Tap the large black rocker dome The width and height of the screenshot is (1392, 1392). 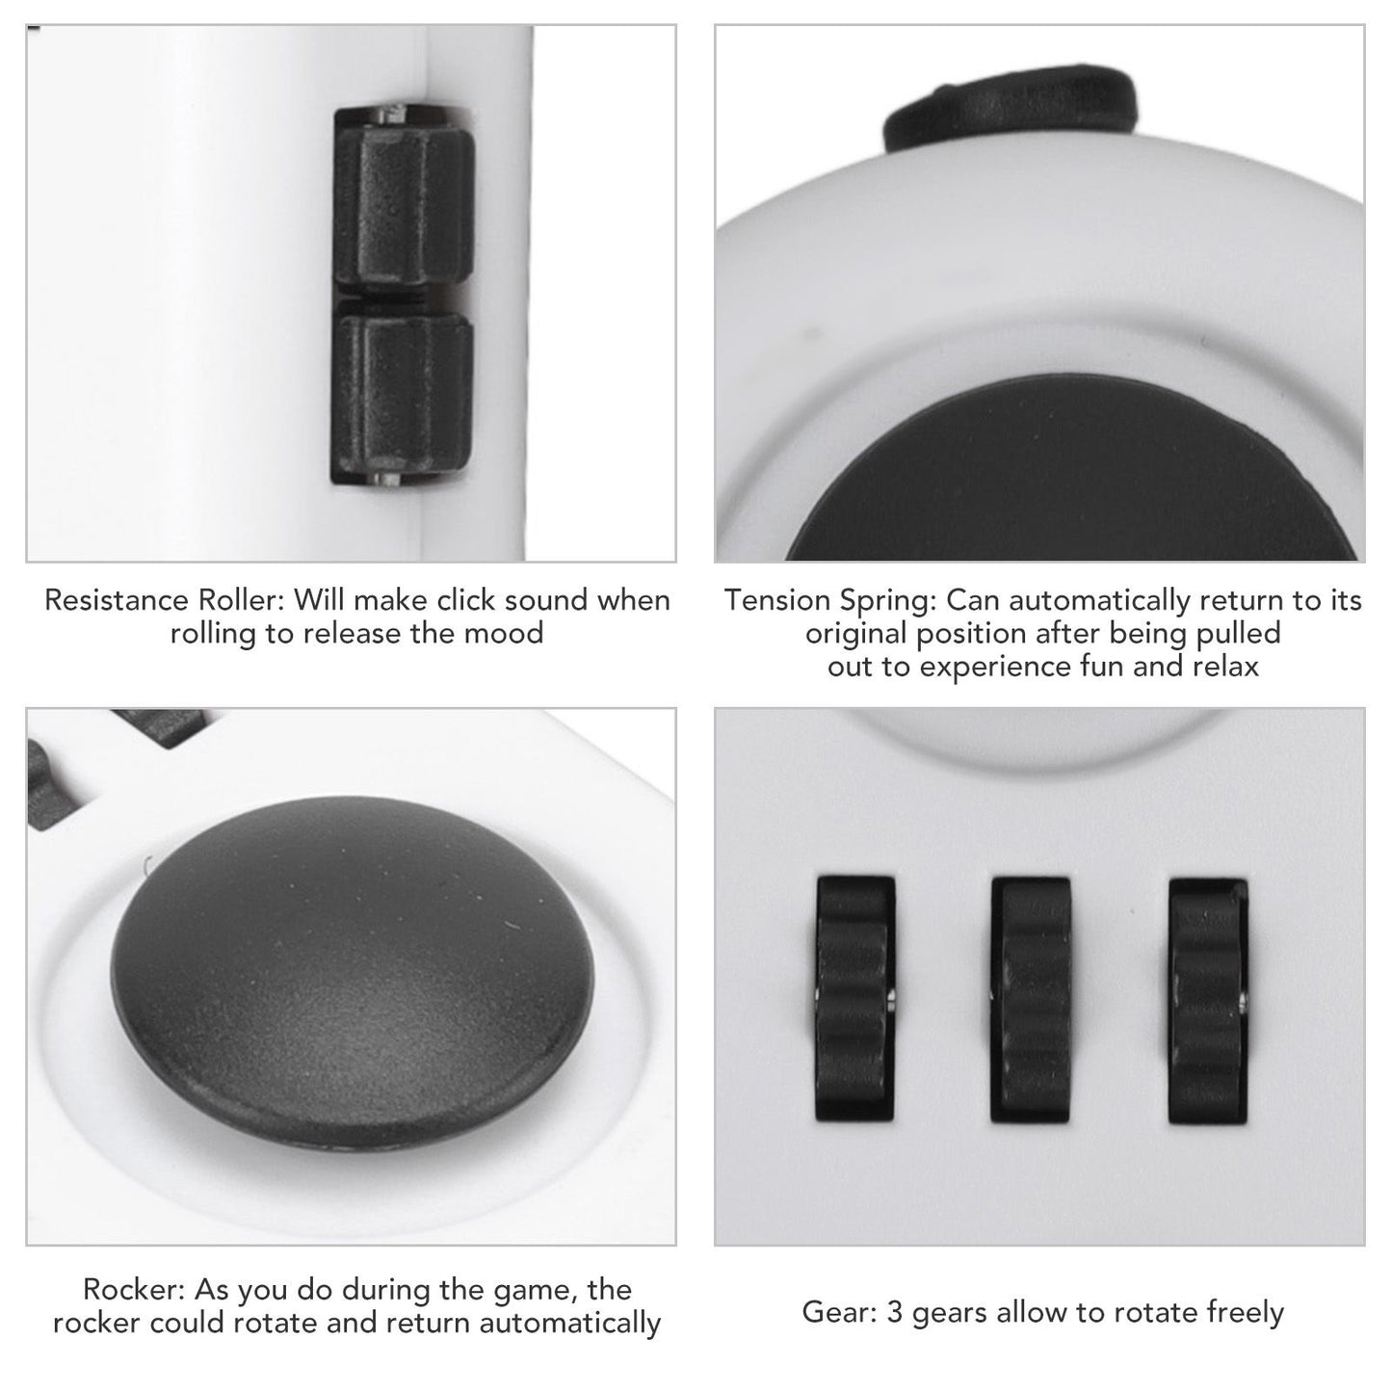353,951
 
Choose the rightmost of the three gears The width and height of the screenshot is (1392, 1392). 1208,1001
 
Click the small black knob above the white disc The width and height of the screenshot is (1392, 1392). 1011,108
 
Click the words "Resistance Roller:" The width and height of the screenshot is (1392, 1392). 164,600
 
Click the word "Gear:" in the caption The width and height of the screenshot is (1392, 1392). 839,1312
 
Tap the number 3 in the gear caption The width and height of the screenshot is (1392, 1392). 894,1312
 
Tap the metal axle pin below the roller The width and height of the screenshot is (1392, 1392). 384,478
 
